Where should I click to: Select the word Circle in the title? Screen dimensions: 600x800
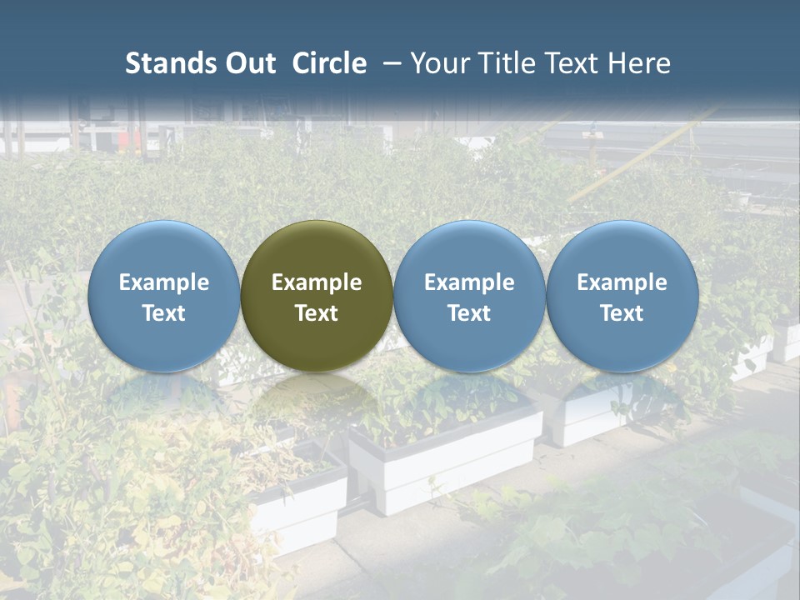click(329, 63)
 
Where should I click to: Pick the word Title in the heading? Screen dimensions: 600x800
click(507, 63)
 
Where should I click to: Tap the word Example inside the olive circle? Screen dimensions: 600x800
click(317, 282)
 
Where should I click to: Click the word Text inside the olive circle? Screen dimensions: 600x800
click(317, 313)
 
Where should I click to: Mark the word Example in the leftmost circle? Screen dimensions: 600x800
click(164, 282)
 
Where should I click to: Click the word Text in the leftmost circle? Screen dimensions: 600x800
click(164, 313)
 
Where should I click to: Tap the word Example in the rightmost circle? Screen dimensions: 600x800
click(622, 282)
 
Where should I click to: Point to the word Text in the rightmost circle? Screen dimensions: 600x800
click(622, 313)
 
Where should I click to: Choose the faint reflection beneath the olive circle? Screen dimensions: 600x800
click(317, 400)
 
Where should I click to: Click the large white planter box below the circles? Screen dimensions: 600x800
click(446, 462)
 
